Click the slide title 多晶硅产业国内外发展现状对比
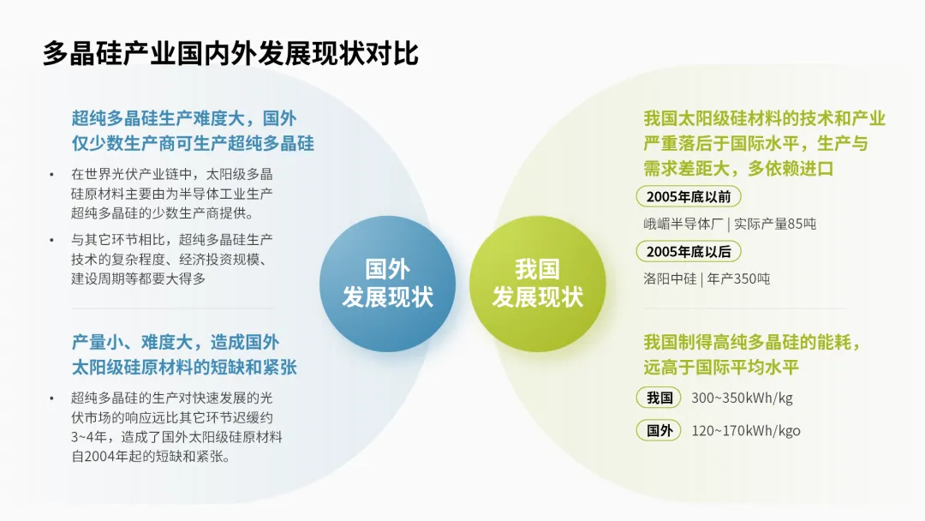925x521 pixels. coord(230,53)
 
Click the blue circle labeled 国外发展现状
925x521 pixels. coord(387,284)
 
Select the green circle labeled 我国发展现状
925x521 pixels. coord(537,284)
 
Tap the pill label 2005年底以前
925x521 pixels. coord(689,197)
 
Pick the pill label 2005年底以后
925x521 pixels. coord(689,252)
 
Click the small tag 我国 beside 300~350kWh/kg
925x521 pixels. coord(659,398)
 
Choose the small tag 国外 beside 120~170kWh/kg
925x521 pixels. coord(659,430)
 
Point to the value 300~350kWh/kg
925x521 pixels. coord(742,398)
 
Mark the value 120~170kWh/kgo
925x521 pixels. coord(746,430)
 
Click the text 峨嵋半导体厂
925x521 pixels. coord(683,225)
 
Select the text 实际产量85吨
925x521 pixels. coord(774,225)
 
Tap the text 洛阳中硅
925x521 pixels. coord(670,278)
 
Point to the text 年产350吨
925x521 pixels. coord(738,278)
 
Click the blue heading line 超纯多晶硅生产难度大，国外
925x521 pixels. coord(184,118)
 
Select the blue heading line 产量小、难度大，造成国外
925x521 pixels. coord(176,343)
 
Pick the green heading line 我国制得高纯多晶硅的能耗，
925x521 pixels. coord(752,343)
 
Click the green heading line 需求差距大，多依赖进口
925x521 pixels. coord(738,167)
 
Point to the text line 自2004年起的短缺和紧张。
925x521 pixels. coord(151,457)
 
